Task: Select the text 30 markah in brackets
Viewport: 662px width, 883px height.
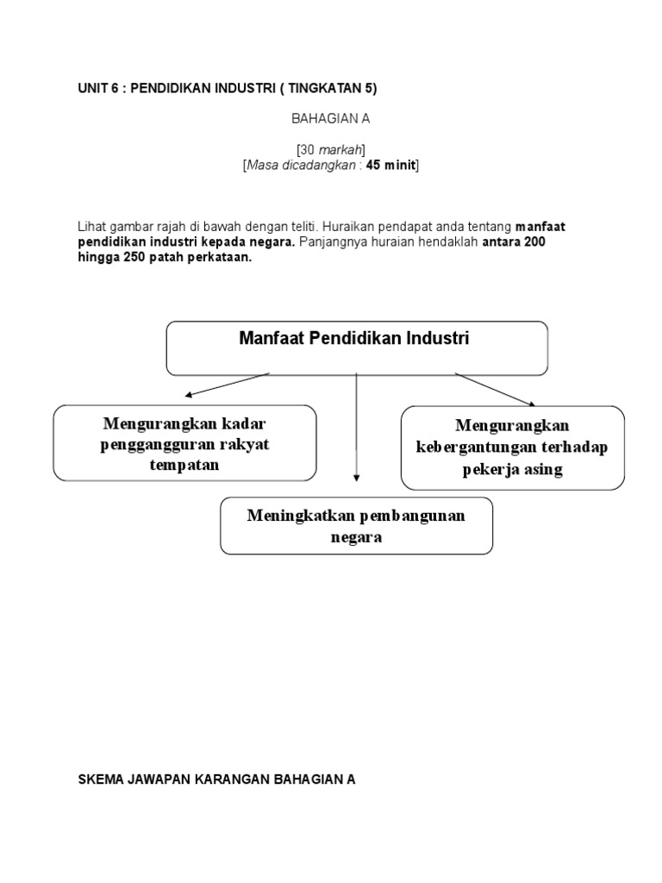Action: click(330, 150)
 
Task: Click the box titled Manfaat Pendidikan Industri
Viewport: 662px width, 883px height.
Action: click(356, 348)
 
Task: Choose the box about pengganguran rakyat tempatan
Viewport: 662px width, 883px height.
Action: click(184, 443)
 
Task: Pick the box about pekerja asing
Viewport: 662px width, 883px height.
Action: click(513, 448)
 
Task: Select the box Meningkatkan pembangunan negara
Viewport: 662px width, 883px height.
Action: click(356, 525)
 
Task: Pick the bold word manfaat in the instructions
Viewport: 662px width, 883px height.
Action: click(540, 226)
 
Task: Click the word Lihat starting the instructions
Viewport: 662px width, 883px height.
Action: click(91, 226)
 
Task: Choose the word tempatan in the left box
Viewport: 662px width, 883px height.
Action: click(184, 465)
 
